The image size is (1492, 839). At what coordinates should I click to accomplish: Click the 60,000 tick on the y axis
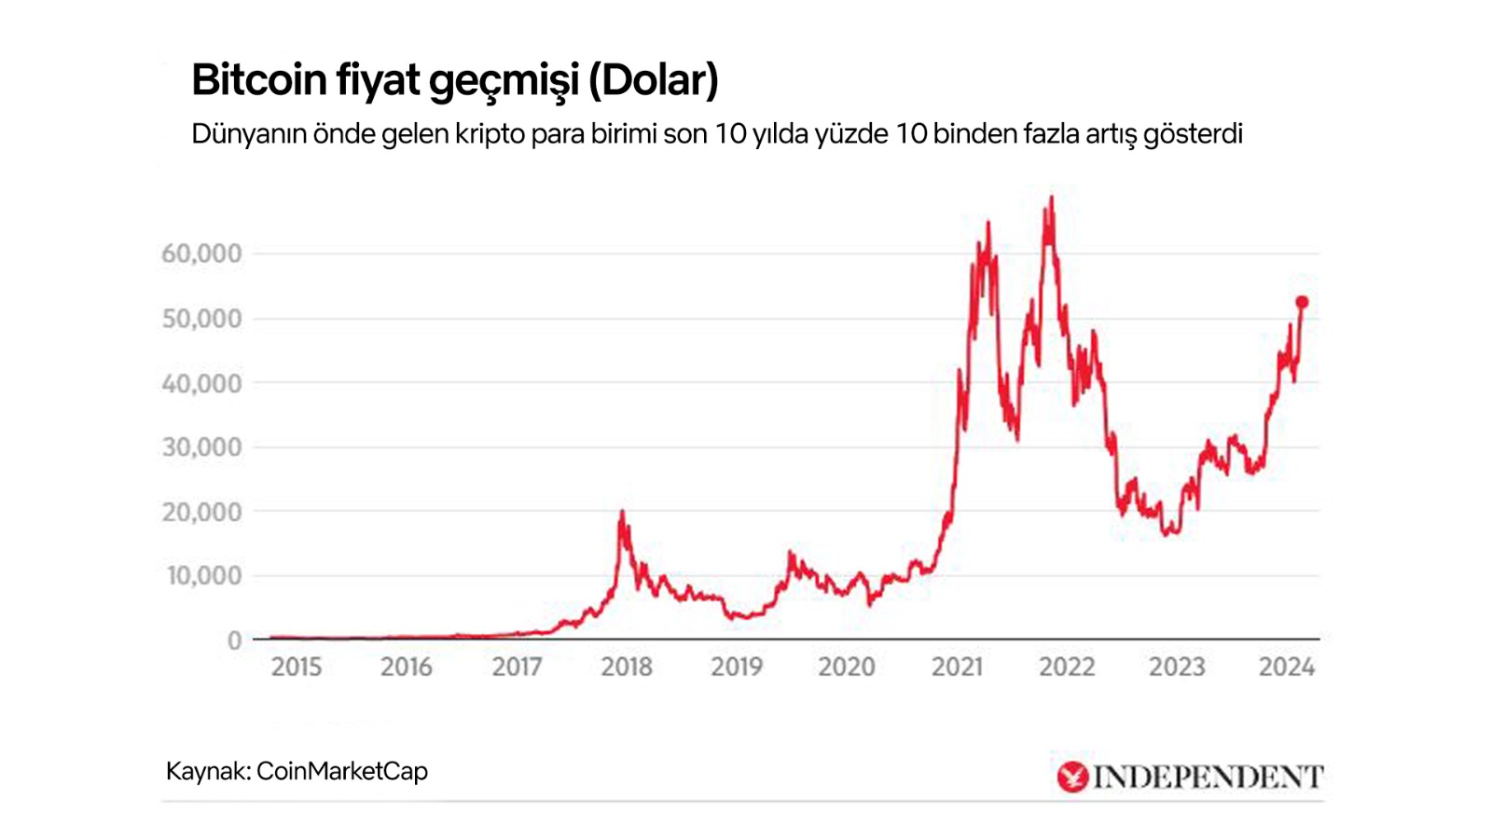coord(201,254)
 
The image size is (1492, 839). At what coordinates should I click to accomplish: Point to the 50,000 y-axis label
coord(201,319)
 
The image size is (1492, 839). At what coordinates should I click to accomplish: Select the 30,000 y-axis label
coord(201,447)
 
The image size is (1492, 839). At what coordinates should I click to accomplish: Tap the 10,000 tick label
coord(203,576)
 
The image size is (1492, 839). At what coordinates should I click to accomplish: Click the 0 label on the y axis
coord(234,640)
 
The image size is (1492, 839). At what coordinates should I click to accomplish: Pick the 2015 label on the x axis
coord(296,667)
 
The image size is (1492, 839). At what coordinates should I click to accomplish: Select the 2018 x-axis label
coord(627,667)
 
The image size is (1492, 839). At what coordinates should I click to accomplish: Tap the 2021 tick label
coord(957,667)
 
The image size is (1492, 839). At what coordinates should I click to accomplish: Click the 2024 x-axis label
coord(1287,667)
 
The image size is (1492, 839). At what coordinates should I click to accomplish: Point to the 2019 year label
coord(737,667)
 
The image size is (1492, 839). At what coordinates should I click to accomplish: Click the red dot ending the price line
coord(1302,302)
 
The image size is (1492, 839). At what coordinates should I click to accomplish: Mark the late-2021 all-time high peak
coord(1052,198)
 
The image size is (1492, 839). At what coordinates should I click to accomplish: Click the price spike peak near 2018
coord(622,512)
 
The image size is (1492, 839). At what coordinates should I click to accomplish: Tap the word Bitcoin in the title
coord(258,80)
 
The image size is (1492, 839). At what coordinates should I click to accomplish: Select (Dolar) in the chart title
coord(653,80)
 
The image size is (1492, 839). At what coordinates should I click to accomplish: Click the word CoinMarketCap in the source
coord(341,772)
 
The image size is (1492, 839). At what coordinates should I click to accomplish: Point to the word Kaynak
coord(206,772)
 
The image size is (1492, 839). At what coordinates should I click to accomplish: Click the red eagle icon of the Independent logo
coord(1072,777)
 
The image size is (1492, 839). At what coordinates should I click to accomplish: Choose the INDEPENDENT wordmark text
coord(1208,777)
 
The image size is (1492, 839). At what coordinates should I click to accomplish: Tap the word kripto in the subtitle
coord(490,134)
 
